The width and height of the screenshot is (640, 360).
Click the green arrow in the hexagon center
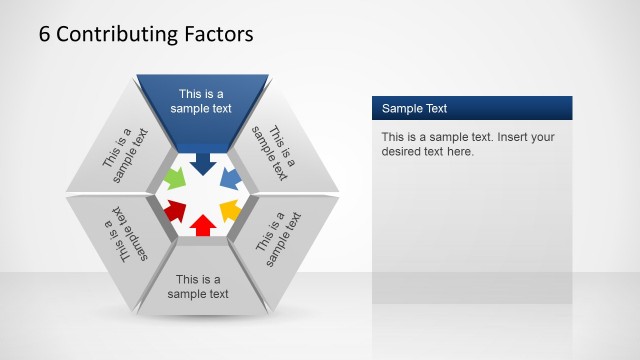pyautogui.click(x=174, y=180)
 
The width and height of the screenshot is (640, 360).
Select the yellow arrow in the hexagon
pyautogui.click(x=229, y=210)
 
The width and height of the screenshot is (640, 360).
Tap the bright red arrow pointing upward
pyautogui.click(x=202, y=225)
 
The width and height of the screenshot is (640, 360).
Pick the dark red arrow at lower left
pyautogui.click(x=175, y=210)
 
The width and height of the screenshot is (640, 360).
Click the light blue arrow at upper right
pyautogui.click(x=230, y=180)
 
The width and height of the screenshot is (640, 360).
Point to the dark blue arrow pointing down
pyautogui.click(x=203, y=163)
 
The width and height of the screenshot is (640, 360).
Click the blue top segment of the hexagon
pyautogui.click(x=203, y=100)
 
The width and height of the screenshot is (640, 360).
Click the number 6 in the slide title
pyautogui.click(x=44, y=34)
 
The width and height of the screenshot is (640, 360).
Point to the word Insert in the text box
pyautogui.click(x=513, y=137)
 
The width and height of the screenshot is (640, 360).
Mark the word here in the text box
pyautogui.click(x=457, y=152)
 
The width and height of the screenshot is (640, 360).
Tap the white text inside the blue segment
pyautogui.click(x=203, y=101)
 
